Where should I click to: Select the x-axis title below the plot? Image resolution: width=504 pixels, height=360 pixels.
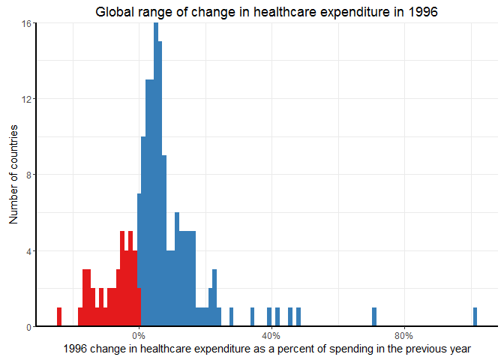(267, 348)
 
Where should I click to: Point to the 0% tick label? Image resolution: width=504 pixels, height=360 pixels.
(139, 335)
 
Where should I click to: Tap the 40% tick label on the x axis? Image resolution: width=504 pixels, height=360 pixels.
(271, 335)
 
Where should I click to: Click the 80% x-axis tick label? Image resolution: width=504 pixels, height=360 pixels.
(403, 335)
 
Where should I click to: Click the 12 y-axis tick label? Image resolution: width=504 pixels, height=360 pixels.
(26, 99)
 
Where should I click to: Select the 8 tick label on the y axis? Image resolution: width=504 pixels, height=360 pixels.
(28, 175)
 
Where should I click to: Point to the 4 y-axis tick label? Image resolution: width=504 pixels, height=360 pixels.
(28, 250)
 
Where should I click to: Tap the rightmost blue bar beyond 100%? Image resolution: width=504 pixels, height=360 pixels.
(475, 317)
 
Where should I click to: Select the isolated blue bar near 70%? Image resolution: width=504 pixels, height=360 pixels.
(374, 317)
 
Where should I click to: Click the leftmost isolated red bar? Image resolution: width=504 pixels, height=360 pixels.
(59, 317)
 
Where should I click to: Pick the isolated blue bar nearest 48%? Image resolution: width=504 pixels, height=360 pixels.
(298, 317)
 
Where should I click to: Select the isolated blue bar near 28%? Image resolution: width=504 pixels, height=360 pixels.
(231, 317)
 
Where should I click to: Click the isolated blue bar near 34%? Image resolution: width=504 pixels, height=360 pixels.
(252, 317)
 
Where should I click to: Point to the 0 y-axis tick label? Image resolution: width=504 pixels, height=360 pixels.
(28, 326)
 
